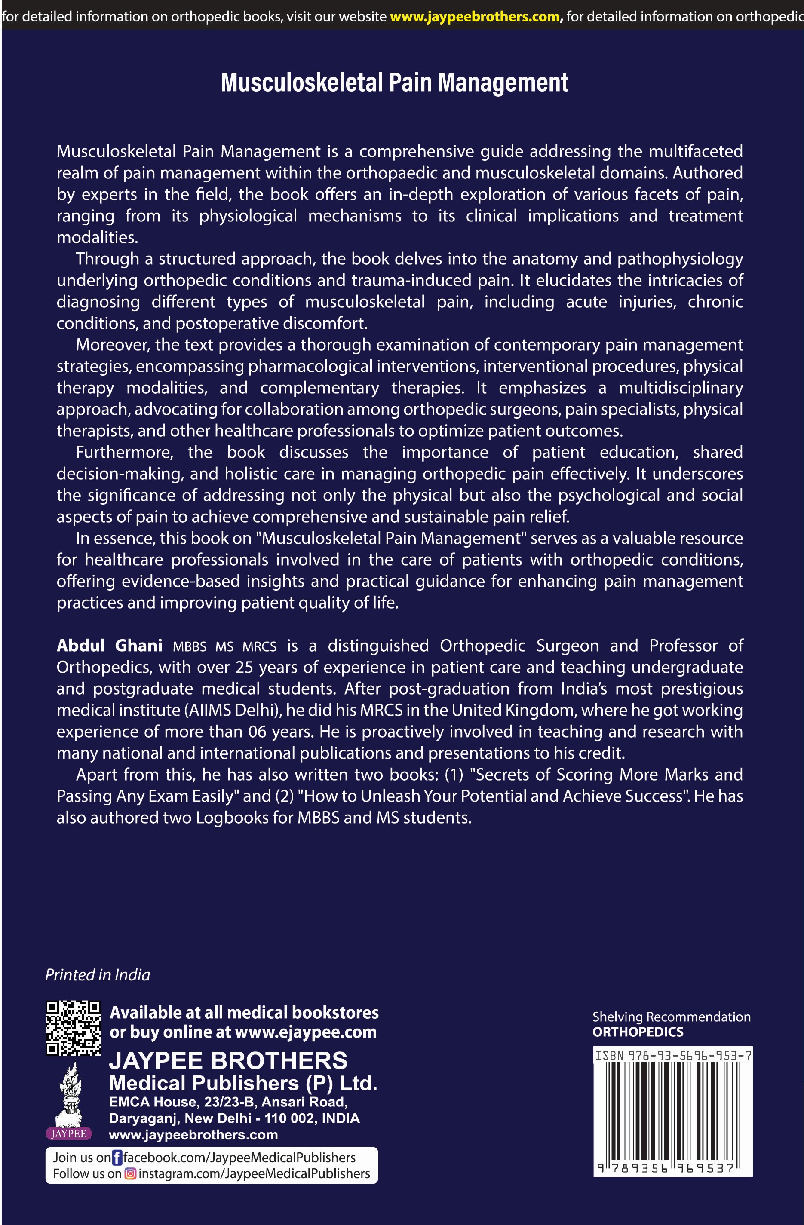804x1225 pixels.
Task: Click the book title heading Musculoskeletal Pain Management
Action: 394,83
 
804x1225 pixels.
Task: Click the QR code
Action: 73,1028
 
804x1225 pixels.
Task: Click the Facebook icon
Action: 117,1158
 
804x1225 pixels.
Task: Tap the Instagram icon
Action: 131,1173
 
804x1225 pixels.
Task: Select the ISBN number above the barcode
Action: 673,1056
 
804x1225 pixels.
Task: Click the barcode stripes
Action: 673,1112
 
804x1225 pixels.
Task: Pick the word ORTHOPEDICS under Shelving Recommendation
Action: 638,1032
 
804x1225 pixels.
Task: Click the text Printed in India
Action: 98,975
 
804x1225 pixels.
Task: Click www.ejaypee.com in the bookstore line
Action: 305,1032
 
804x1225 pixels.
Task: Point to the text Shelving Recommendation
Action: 671,1017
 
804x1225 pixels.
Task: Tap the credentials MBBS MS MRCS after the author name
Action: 224,646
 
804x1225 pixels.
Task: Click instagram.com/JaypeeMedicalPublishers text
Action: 254,1173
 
